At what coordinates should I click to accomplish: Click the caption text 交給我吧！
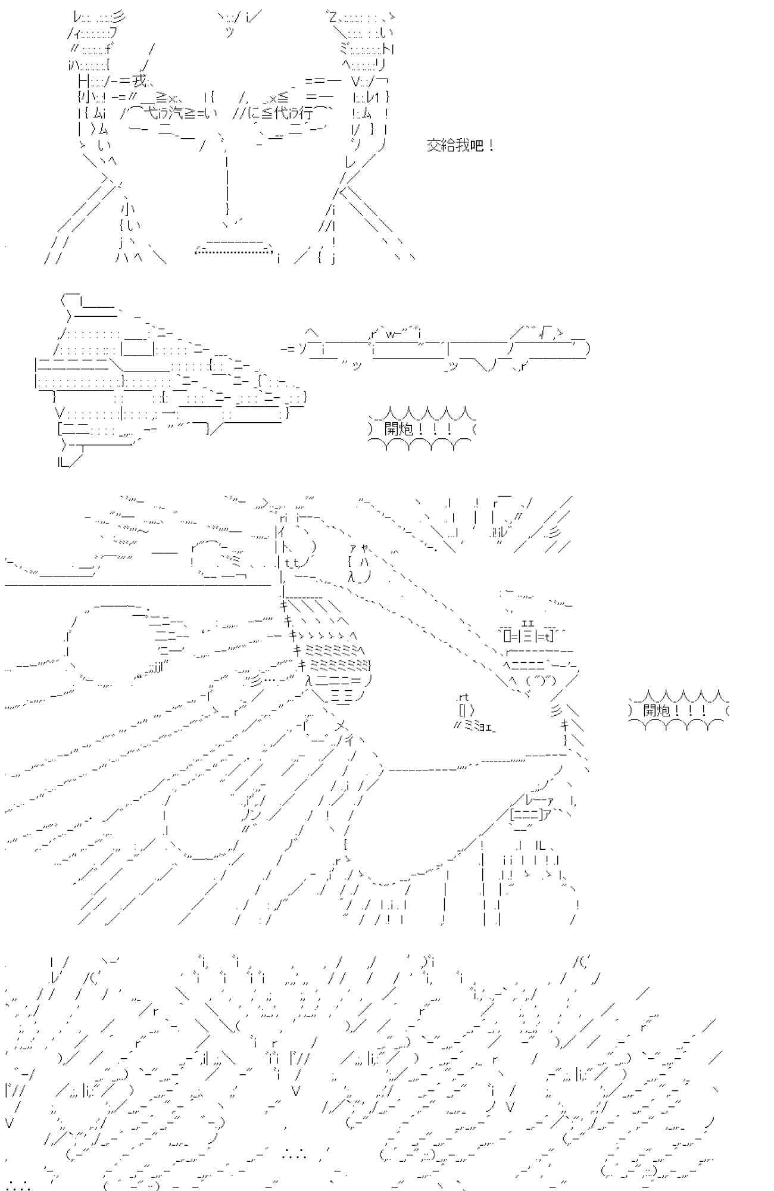tap(460, 145)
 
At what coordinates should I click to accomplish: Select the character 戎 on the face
tap(139, 80)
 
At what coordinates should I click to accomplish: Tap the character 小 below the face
tap(128, 209)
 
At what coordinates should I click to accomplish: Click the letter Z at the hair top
tap(332, 16)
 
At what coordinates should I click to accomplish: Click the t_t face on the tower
tap(291, 562)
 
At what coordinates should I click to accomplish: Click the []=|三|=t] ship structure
tap(528, 635)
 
